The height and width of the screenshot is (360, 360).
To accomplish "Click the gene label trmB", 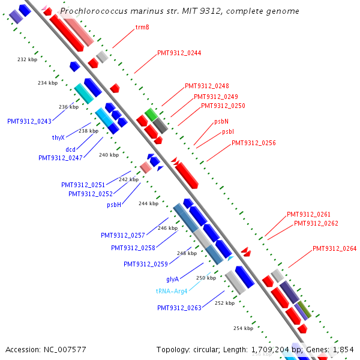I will (x=142, y=27).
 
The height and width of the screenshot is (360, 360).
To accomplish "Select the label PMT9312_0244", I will (x=179, y=53).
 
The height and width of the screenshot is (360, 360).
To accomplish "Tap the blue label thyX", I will (x=58, y=137).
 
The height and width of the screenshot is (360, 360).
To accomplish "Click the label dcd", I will (x=70, y=149).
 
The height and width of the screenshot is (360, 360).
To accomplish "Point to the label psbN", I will (x=221, y=122).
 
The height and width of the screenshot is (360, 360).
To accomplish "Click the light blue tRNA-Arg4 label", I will (x=172, y=291).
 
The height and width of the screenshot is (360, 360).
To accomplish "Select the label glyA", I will (x=173, y=279).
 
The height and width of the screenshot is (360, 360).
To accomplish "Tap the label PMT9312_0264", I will (x=334, y=248).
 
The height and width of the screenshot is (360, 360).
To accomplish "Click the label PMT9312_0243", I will (x=29, y=121).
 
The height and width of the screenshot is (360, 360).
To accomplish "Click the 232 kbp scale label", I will (x=27, y=59).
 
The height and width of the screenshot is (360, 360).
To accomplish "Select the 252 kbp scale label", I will (x=224, y=303).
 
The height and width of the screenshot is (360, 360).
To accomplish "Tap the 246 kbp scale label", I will (x=167, y=228).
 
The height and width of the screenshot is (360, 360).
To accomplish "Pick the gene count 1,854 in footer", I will (x=343, y=349).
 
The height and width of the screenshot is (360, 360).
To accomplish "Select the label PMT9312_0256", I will (x=254, y=143).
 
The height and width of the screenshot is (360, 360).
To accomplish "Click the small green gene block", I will (x=151, y=113).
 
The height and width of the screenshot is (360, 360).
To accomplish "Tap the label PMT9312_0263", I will (x=179, y=308).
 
